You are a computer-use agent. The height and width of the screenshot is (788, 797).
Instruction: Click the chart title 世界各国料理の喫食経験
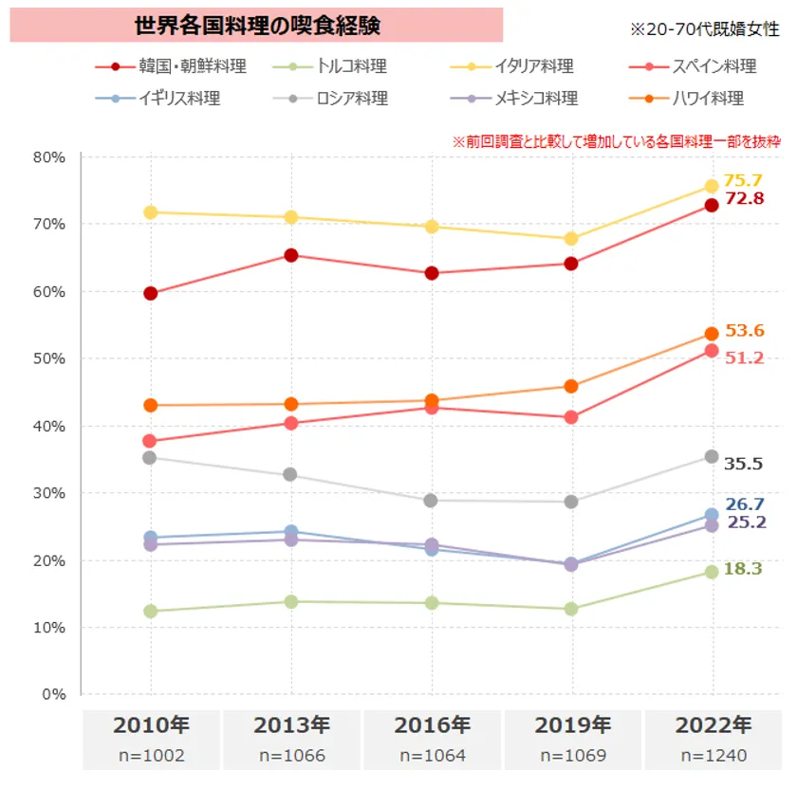tap(257, 26)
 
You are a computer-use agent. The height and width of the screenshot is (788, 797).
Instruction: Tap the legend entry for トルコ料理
tap(352, 67)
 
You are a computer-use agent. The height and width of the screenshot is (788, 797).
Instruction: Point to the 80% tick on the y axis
tap(48, 157)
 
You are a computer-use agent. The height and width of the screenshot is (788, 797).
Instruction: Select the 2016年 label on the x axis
tap(433, 725)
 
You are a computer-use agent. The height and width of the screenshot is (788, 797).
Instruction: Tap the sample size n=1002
tap(151, 756)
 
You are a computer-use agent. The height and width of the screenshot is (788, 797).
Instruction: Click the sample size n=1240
tap(714, 756)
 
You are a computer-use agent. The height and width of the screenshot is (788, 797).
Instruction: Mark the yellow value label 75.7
tap(743, 180)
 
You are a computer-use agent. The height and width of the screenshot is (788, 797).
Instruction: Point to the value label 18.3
tap(743, 568)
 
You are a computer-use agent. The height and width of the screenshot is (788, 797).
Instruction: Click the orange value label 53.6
tap(745, 331)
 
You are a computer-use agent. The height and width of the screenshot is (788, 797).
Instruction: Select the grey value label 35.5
tap(744, 464)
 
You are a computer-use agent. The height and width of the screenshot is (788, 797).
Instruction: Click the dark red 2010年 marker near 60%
tap(150, 293)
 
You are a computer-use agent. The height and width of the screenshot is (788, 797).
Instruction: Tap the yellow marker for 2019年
tap(571, 238)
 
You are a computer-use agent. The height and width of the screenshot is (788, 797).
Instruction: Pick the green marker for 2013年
tap(291, 601)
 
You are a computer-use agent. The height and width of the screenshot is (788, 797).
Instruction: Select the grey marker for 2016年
tap(432, 500)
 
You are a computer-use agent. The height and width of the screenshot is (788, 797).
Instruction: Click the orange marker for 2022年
tap(712, 334)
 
